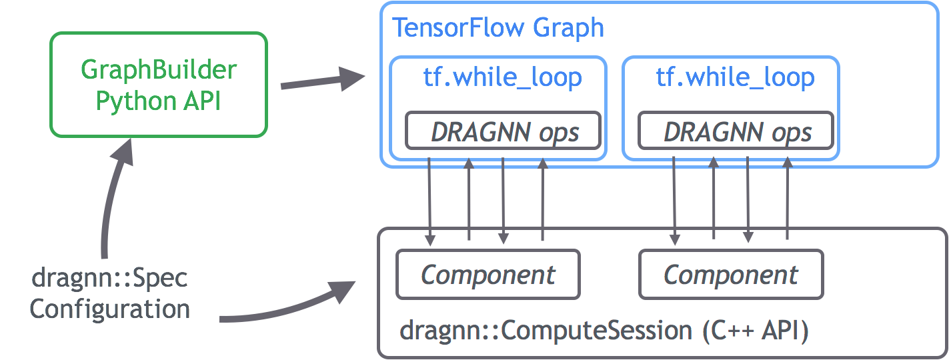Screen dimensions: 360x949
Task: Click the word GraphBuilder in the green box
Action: click(159, 69)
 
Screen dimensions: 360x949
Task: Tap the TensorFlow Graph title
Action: click(498, 28)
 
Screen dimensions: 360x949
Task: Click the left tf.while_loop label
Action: click(502, 78)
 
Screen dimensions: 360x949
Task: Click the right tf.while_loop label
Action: click(735, 78)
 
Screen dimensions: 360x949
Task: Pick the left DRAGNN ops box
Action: click(504, 131)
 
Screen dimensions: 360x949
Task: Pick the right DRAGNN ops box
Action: click(736, 131)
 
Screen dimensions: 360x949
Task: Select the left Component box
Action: click(488, 274)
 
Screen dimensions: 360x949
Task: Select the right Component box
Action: click(731, 274)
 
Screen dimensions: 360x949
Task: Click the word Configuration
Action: click(110, 309)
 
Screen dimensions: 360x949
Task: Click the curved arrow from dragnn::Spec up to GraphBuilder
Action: click(110, 200)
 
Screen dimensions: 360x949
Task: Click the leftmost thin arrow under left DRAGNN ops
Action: click(430, 200)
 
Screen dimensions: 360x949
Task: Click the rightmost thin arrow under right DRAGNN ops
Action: click(788, 200)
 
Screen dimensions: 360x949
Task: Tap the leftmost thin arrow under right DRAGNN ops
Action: click(675, 200)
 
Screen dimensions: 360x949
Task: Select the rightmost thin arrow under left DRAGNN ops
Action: click(543, 200)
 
